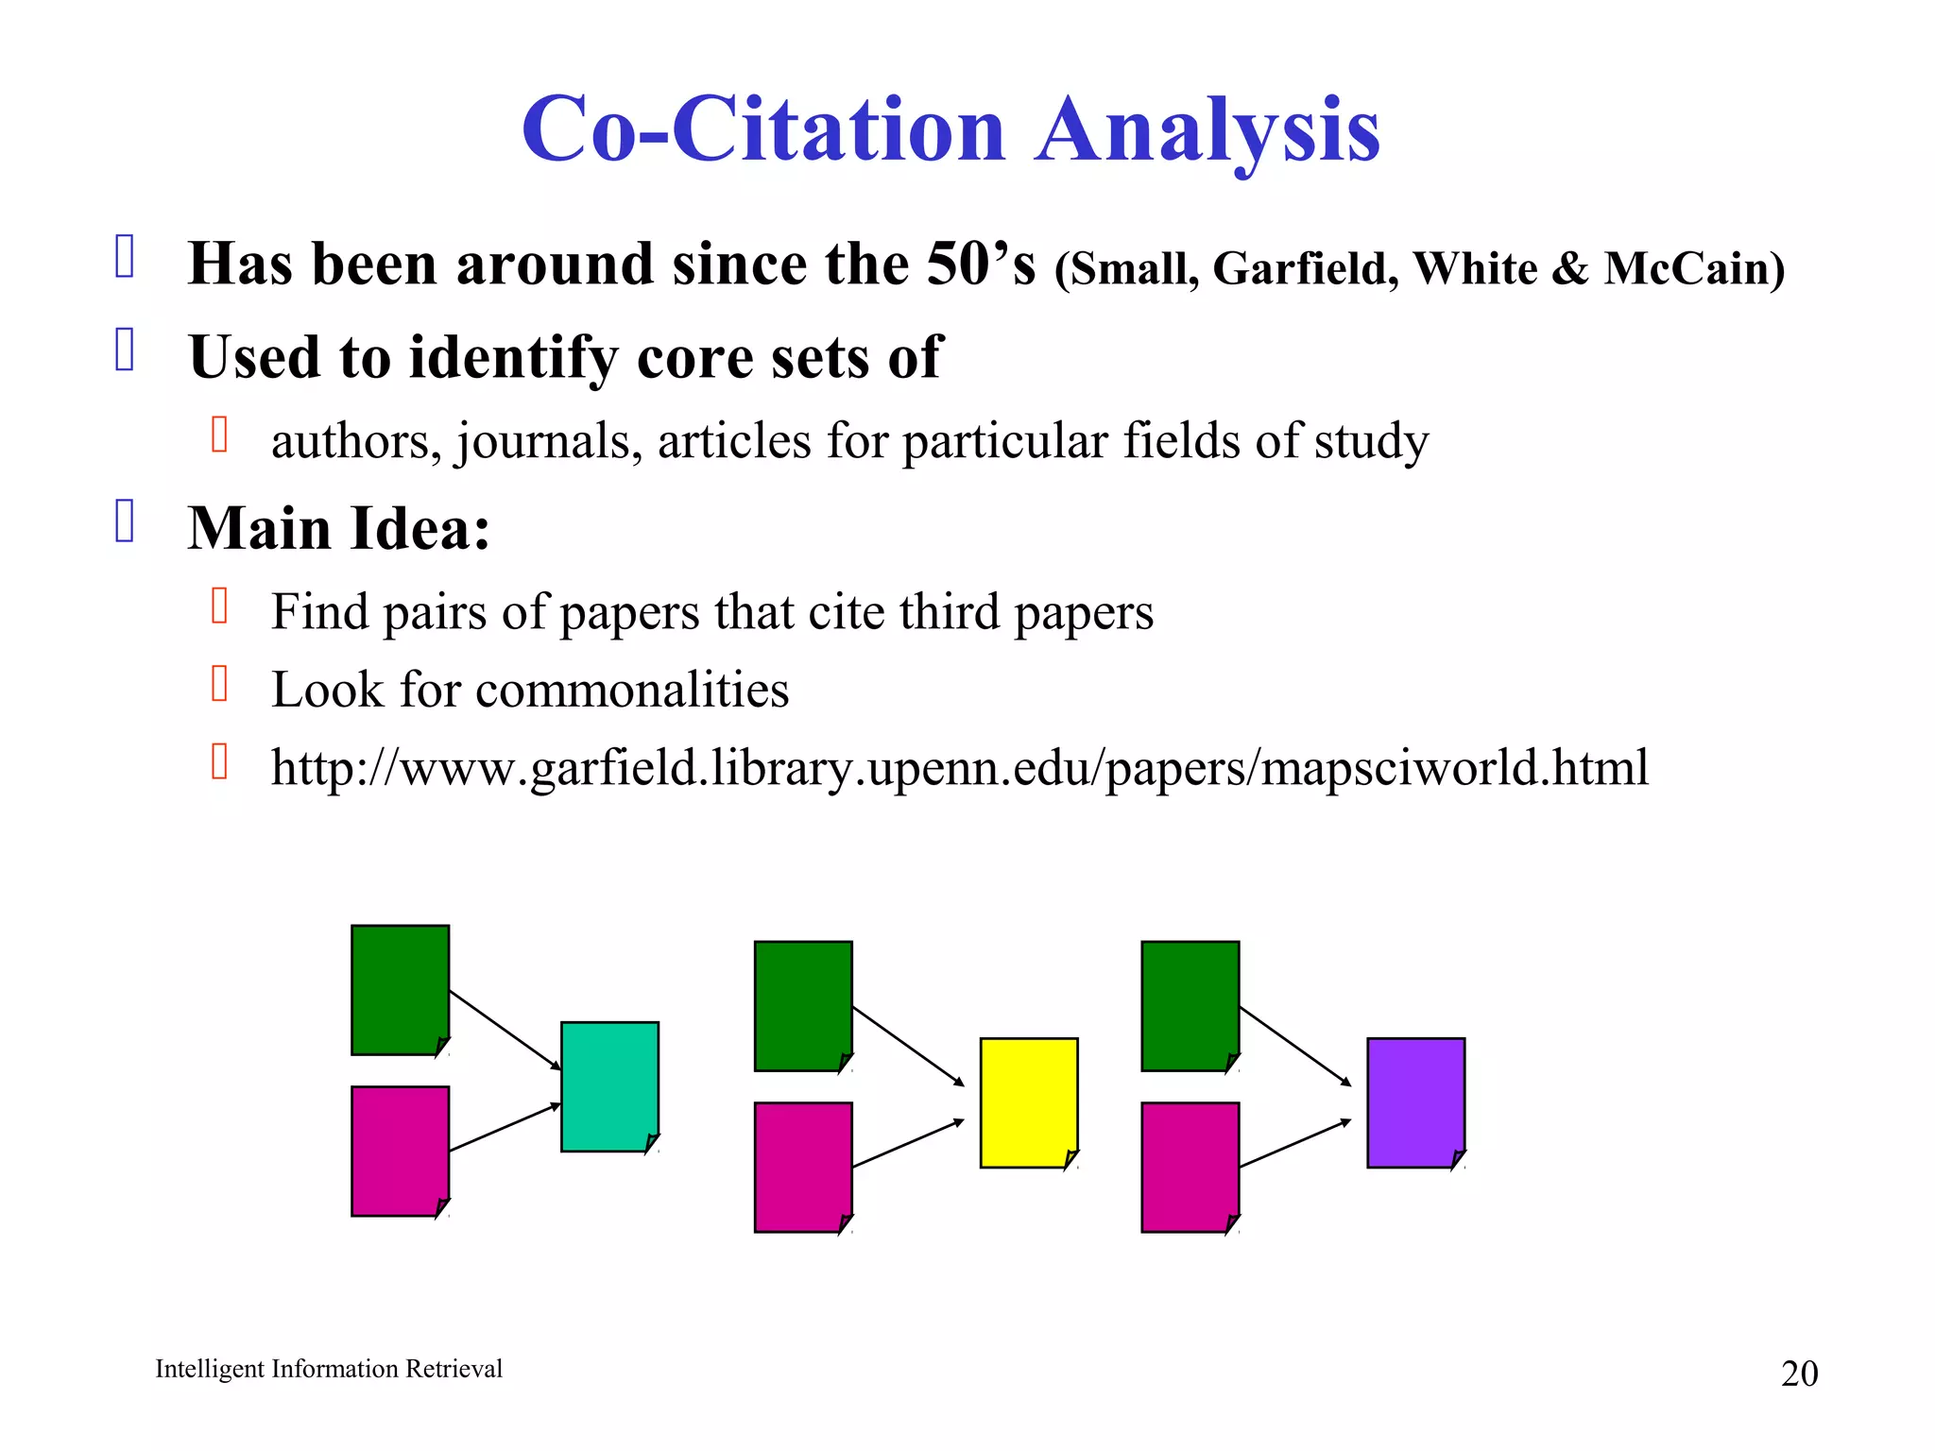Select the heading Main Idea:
coord(339,528)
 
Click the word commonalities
coord(631,690)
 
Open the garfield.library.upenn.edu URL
coord(959,767)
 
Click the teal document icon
coord(609,1086)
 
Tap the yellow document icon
coord(1028,1102)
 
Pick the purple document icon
coord(1415,1102)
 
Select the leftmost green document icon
coord(400,989)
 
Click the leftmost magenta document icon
coord(400,1151)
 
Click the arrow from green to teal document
coord(505,1030)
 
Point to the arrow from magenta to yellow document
coord(907,1144)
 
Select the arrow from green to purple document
coord(1294,1046)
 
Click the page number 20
coord(1798,1374)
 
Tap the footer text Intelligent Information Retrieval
coord(328,1369)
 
